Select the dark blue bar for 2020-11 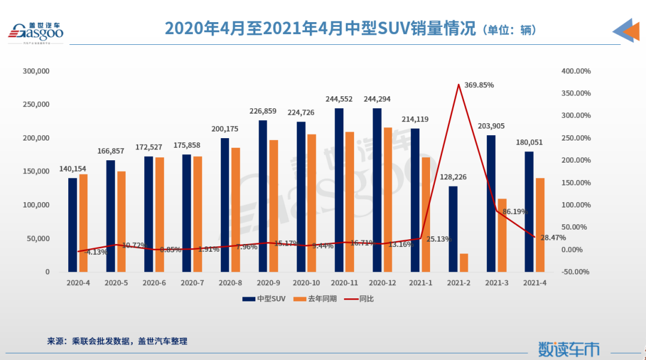339,190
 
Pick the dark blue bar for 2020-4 72,225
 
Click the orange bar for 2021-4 540,225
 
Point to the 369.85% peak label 479,85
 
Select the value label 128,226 453,177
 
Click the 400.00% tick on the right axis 576,71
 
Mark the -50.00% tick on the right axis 576,271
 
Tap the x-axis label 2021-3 497,282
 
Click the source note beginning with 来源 117,341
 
